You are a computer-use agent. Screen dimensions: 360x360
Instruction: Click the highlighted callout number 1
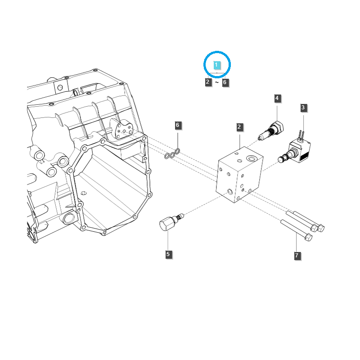(x=216, y=65)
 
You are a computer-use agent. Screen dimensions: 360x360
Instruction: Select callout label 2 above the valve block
(x=240, y=127)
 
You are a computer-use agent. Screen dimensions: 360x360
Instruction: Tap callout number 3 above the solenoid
(x=303, y=108)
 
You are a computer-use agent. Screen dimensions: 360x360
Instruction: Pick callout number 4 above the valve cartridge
(x=277, y=98)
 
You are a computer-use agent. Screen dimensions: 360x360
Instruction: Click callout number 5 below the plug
(x=168, y=254)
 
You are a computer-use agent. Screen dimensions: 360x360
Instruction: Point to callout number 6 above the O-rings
(x=177, y=125)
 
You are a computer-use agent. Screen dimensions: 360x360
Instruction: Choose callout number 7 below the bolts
(x=297, y=256)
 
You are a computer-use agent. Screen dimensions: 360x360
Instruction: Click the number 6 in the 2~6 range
(x=225, y=82)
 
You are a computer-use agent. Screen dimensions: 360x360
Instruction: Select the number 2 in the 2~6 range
(x=207, y=82)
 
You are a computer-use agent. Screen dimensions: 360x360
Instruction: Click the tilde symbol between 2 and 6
(x=216, y=83)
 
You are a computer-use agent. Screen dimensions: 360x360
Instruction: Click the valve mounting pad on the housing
(x=122, y=130)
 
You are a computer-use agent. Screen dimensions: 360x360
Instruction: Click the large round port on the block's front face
(x=231, y=192)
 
